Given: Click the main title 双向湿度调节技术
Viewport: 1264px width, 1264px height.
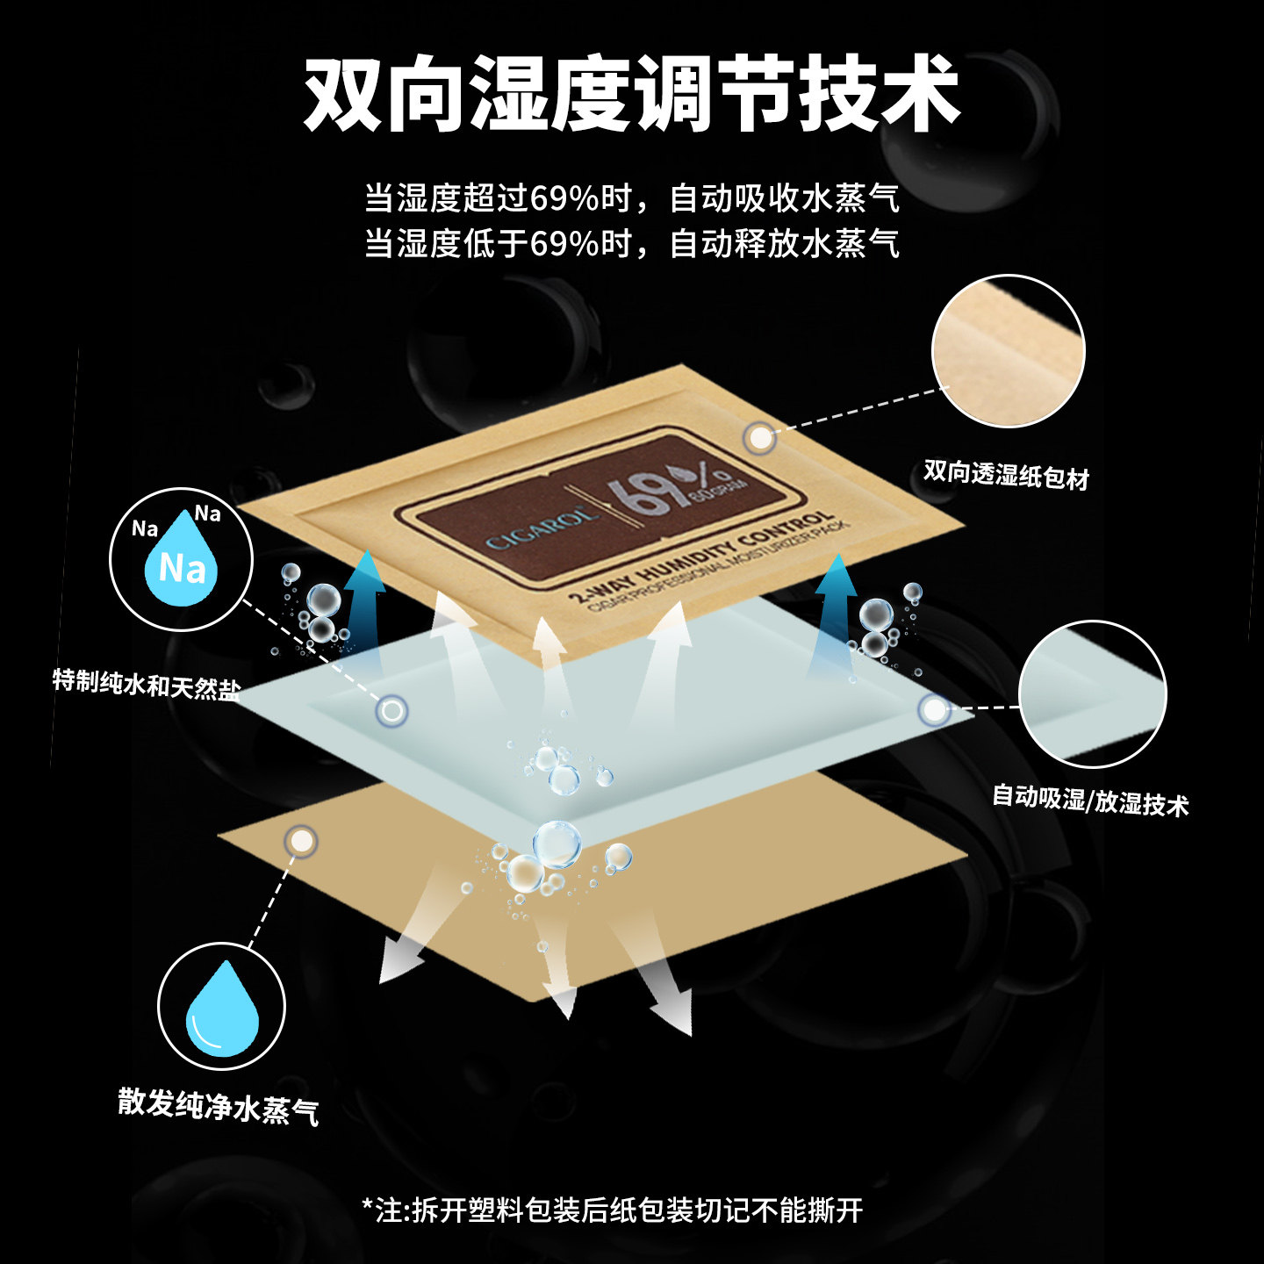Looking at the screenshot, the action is click(x=631, y=93).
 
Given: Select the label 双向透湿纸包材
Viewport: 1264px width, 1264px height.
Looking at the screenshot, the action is click(x=1005, y=475).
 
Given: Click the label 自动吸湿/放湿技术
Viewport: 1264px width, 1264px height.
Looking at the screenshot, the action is click(x=1089, y=800).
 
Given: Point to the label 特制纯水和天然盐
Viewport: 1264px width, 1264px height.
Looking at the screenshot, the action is click(x=146, y=683).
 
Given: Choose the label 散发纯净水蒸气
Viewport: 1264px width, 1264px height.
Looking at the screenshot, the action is click(x=218, y=1107).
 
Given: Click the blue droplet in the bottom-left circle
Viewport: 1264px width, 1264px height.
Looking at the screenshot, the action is click(x=222, y=1009).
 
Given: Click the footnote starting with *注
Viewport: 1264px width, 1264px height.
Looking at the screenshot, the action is click(x=613, y=1210).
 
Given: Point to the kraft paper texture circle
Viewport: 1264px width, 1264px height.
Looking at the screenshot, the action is click(x=1008, y=351).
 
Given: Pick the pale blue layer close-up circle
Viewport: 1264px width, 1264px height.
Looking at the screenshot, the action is click(x=1092, y=693).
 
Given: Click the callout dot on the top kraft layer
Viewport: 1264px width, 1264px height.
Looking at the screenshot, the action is click(x=760, y=437).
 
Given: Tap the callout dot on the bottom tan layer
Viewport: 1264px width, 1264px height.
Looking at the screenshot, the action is click(x=302, y=841).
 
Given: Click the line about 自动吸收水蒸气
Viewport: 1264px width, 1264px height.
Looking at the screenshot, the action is click(x=632, y=198).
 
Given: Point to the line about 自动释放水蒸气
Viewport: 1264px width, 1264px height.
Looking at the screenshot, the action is click(x=632, y=243).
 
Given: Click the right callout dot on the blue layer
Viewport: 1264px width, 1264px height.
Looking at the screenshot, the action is click(x=934, y=709).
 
